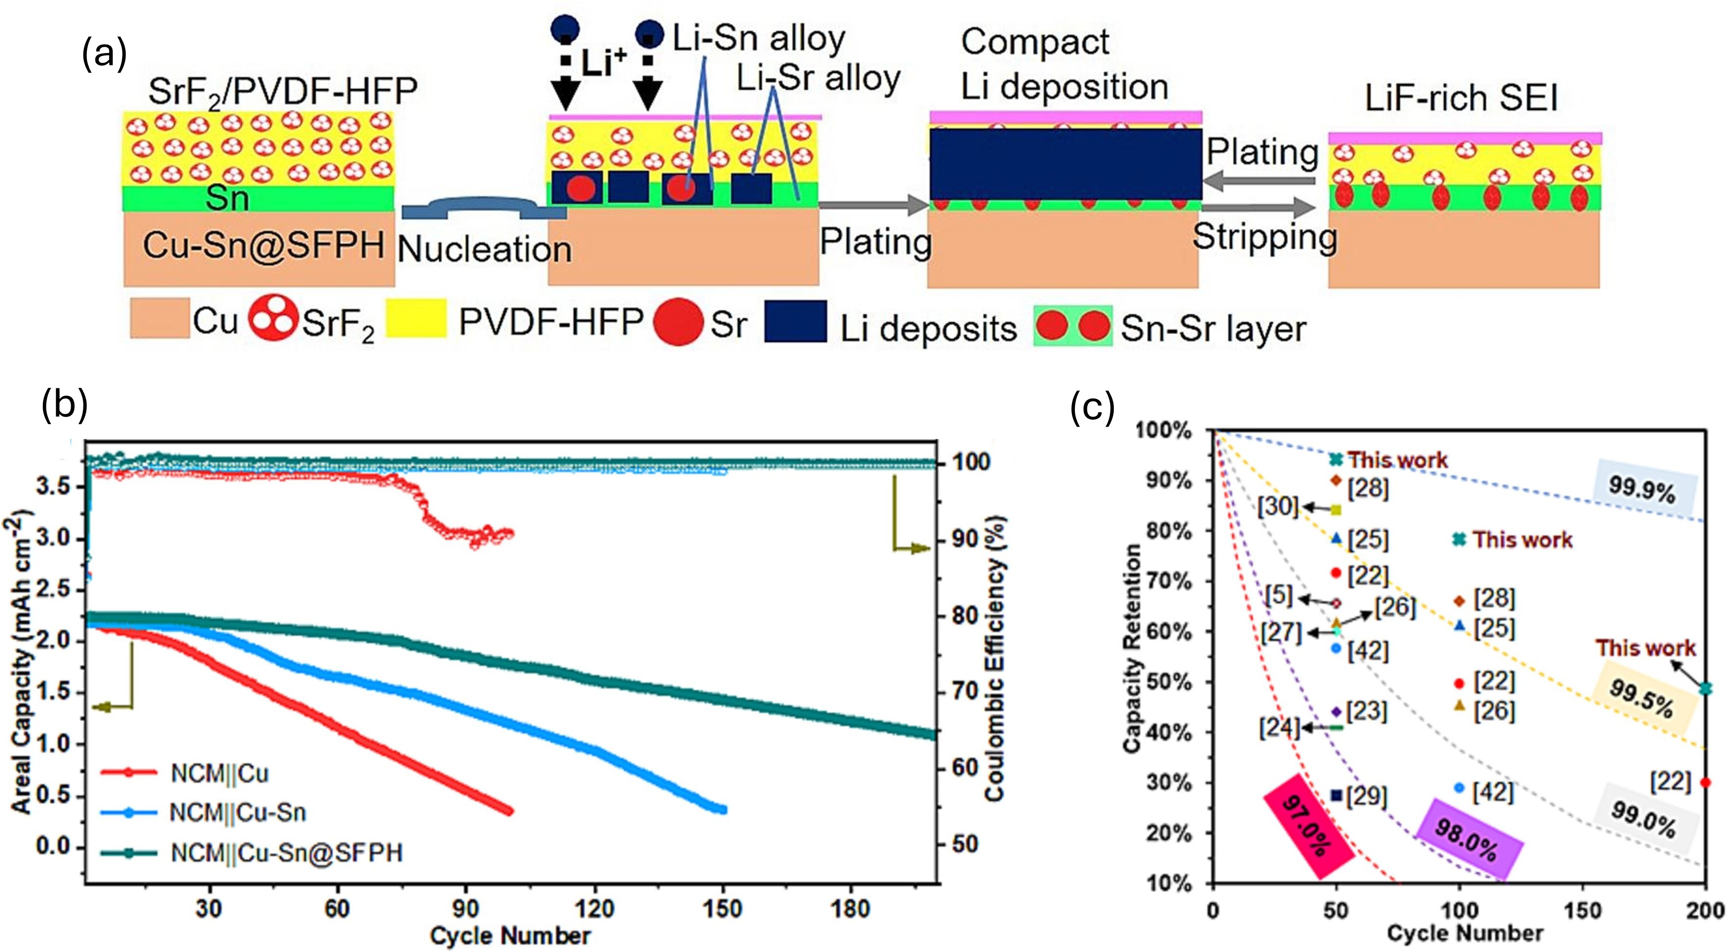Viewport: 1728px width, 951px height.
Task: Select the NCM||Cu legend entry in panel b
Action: [x=220, y=773]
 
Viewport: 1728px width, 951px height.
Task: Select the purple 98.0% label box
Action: [x=1468, y=849]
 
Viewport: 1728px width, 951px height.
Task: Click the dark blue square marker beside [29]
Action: [x=1336, y=795]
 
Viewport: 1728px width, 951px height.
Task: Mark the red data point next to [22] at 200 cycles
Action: [x=1706, y=782]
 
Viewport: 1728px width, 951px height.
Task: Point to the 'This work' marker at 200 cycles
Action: [x=1706, y=688]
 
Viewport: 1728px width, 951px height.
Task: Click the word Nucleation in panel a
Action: [x=484, y=250]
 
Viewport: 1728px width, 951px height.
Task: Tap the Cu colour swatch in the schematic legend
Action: [x=160, y=318]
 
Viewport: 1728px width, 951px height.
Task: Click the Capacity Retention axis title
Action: [x=1132, y=648]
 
